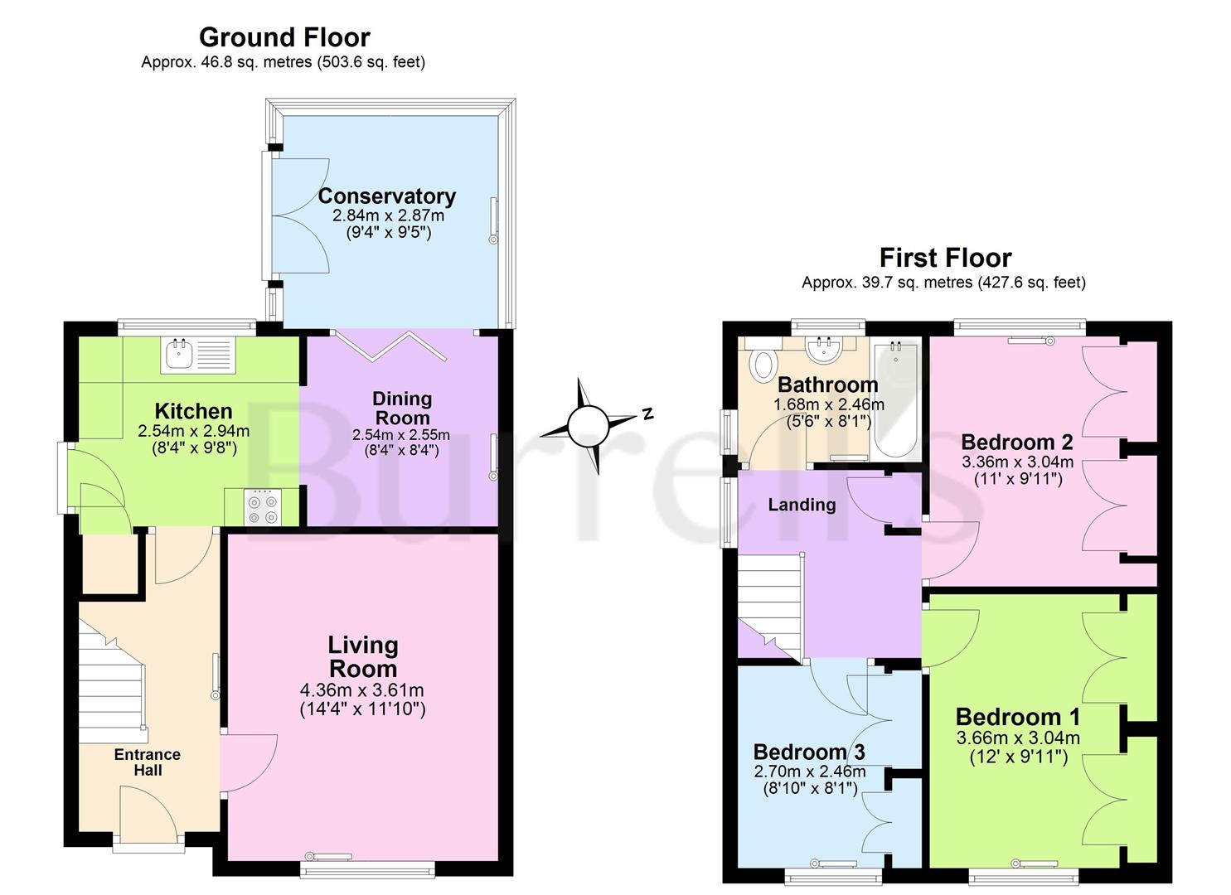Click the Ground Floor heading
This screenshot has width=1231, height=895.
(x=284, y=37)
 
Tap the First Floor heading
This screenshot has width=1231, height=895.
(x=945, y=258)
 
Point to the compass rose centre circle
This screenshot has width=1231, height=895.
(x=588, y=426)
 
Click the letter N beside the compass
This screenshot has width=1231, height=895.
(x=647, y=413)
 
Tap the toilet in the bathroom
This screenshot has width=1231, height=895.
(x=762, y=363)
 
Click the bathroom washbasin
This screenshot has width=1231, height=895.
(x=825, y=351)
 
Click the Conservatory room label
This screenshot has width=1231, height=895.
(x=387, y=196)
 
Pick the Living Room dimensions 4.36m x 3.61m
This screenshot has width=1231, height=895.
(x=362, y=690)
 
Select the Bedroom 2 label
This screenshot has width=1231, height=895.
(x=1017, y=442)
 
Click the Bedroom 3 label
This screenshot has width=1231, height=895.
(x=809, y=752)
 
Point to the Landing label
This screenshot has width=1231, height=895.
(x=802, y=505)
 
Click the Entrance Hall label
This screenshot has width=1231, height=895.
(x=148, y=762)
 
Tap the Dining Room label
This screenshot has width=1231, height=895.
(x=401, y=408)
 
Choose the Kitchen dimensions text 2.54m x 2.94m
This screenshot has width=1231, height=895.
(x=193, y=431)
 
